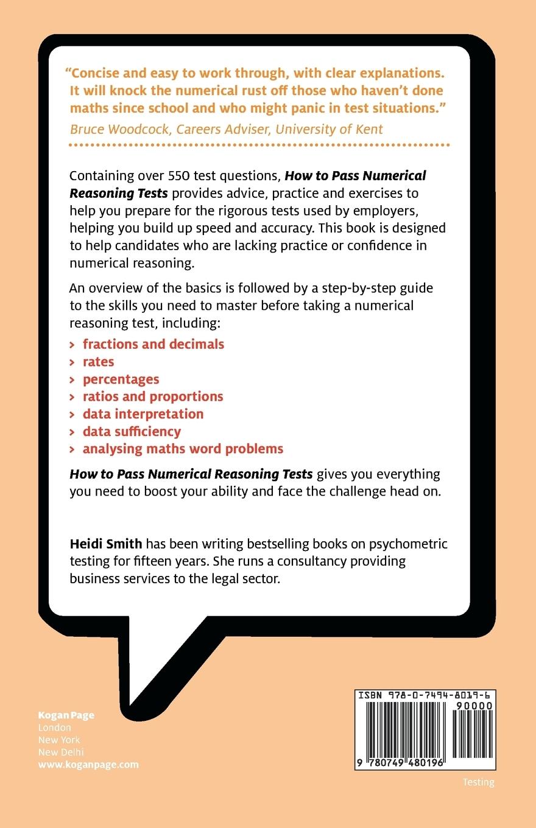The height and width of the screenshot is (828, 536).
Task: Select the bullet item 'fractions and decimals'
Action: pyautogui.click(x=153, y=344)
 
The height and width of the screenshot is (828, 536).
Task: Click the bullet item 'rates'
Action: pyautogui.click(x=99, y=362)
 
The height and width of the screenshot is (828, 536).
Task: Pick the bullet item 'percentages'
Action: pyautogui.click(x=121, y=379)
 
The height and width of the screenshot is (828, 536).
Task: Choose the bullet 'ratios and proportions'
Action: pyautogui.click(x=153, y=396)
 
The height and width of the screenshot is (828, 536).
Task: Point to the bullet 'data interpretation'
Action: pyautogui.click(x=143, y=414)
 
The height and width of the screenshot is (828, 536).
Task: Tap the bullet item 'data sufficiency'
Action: pyautogui.click(x=132, y=432)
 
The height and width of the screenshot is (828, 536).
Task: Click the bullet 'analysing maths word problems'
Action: pyautogui.click(x=183, y=449)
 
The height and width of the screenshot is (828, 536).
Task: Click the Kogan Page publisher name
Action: pyautogui.click(x=66, y=715)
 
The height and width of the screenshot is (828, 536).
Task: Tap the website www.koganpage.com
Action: pyautogui.click(x=88, y=764)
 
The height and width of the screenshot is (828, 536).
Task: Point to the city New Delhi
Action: pyautogui.click(x=61, y=752)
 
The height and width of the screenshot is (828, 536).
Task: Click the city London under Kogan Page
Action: pyautogui.click(x=55, y=728)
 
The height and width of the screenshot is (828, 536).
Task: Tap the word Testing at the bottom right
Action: pyautogui.click(x=478, y=782)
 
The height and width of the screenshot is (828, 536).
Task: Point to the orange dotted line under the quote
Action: pyautogui.click(x=259, y=146)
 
